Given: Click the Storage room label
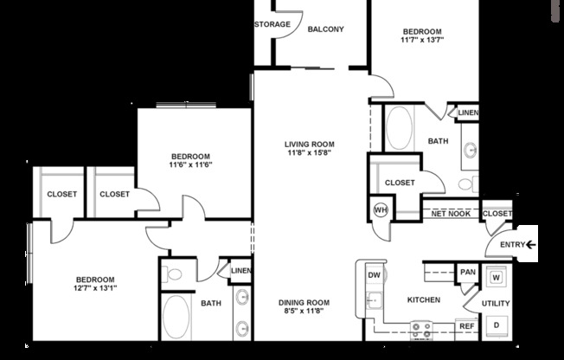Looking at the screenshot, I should click(272, 24).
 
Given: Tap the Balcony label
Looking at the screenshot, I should click(326, 29).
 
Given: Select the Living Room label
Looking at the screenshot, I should click(310, 145).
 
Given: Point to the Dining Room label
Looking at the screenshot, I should click(304, 302).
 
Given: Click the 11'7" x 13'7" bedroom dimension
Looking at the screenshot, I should click(421, 40).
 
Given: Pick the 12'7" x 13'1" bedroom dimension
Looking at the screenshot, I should click(95, 289).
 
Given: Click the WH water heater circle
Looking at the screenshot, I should click(381, 209).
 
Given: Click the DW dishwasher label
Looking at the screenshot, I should click(375, 276).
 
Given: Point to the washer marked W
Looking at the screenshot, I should click(496, 278).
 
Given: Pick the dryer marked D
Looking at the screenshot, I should click(497, 325).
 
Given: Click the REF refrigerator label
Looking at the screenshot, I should click(466, 326).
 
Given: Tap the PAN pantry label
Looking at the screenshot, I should click(467, 273).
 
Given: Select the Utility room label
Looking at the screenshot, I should click(496, 303).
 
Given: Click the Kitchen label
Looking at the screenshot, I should click(424, 300).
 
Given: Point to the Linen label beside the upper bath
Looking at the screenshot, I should click(468, 112).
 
